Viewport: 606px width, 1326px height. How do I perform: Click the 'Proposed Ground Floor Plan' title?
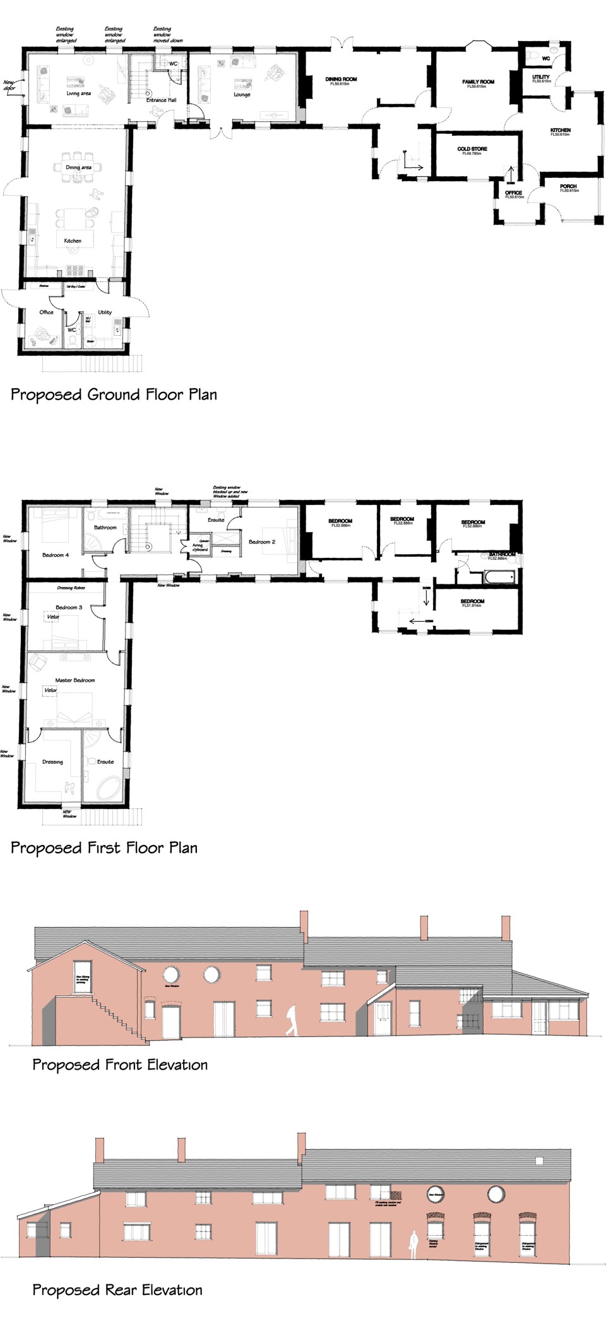point(114,395)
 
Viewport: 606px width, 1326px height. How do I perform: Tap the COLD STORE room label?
point(472,150)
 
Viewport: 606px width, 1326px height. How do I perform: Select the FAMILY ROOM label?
point(478,82)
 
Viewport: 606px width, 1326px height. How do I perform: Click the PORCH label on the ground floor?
point(568,187)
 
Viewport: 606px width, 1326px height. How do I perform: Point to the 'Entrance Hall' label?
point(162,100)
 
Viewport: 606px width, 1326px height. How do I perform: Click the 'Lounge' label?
point(242,95)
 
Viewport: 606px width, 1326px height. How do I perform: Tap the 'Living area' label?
point(79,93)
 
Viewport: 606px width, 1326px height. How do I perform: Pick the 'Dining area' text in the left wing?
point(79,167)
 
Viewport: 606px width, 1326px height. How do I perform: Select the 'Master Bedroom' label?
point(75,680)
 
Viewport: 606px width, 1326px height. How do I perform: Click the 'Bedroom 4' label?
point(56,555)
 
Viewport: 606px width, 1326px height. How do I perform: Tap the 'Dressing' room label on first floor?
point(52,762)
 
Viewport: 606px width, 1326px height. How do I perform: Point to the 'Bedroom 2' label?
point(262,542)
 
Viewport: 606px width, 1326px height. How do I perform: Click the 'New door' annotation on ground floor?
point(9,85)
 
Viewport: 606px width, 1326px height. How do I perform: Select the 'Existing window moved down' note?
point(167,35)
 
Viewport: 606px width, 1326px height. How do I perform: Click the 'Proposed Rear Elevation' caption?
point(117,1290)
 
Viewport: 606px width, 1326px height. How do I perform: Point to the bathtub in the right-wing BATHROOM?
point(499,576)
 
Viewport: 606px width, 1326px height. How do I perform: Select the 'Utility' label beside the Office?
point(105,312)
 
